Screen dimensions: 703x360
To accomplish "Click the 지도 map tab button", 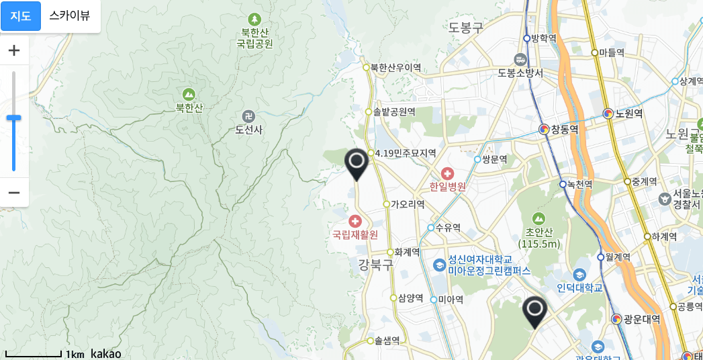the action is pyautogui.click(x=21, y=16).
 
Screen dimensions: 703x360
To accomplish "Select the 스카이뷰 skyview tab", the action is pyautogui.click(x=70, y=16).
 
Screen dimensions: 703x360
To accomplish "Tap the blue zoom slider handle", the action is pyautogui.click(x=13, y=118).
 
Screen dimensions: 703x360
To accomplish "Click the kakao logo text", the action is pyautogui.click(x=106, y=353).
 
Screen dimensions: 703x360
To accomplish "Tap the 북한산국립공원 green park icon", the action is pyautogui.click(x=254, y=20).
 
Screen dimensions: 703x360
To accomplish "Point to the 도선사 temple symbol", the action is pyautogui.click(x=248, y=116).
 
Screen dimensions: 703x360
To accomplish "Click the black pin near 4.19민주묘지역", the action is pyautogui.click(x=357, y=163).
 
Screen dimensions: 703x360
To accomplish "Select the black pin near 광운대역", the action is pyautogui.click(x=535, y=311).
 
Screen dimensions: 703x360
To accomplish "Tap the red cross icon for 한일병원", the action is pyautogui.click(x=447, y=174).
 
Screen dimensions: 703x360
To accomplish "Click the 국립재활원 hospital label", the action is pyautogui.click(x=355, y=234).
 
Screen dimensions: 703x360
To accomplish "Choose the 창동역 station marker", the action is pyautogui.click(x=545, y=129).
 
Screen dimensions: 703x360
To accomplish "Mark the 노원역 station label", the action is pyautogui.click(x=629, y=114).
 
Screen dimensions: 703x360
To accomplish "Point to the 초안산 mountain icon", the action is pyautogui.click(x=538, y=218).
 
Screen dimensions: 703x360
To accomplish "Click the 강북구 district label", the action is pyautogui.click(x=375, y=265).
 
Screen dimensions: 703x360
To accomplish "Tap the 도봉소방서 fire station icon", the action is pyautogui.click(x=520, y=59).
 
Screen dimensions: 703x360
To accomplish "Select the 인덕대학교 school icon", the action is pyautogui.click(x=579, y=275).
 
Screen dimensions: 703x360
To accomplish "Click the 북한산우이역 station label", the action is pyautogui.click(x=395, y=67).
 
